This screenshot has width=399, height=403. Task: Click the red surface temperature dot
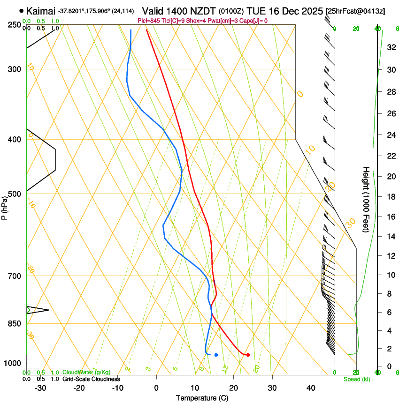248,355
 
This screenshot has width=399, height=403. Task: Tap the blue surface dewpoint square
216,355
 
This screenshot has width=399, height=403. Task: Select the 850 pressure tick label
15,323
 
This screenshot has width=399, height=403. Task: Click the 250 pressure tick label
15,25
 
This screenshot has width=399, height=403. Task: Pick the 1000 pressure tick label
13,363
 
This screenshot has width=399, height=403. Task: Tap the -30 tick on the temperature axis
40,388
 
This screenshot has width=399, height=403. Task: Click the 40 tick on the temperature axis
310,388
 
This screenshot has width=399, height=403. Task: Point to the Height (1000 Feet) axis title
367,199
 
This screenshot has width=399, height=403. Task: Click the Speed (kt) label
357,379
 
